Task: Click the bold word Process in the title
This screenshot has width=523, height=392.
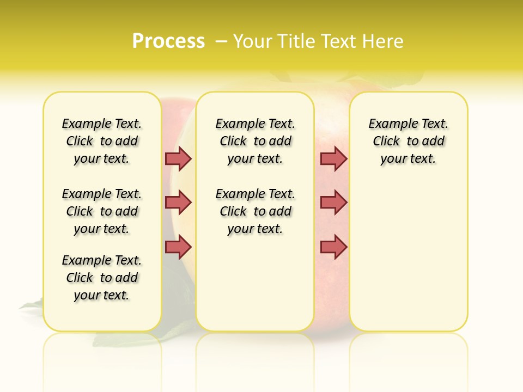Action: pos(168,41)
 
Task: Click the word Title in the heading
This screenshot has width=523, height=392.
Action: pos(296,41)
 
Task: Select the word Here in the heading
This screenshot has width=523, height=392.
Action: pos(385,41)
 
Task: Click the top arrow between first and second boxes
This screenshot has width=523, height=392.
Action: pos(178,158)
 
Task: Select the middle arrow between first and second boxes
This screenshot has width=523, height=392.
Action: pos(178,203)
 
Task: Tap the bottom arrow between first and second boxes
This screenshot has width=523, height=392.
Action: pos(178,247)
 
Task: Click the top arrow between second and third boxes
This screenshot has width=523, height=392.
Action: pos(333,158)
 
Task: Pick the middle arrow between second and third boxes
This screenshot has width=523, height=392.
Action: pos(333,203)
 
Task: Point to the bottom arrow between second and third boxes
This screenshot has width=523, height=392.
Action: pos(333,247)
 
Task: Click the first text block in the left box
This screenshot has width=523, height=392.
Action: pos(102,141)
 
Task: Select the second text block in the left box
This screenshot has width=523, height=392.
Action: pos(102,211)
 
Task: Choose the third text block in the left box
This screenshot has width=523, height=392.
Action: pos(102,278)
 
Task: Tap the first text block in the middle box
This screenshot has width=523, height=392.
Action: pos(256,141)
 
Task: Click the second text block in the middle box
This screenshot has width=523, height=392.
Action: pos(256,211)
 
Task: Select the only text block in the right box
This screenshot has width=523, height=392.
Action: pos(409,141)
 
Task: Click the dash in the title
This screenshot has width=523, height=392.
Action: pos(221,41)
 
